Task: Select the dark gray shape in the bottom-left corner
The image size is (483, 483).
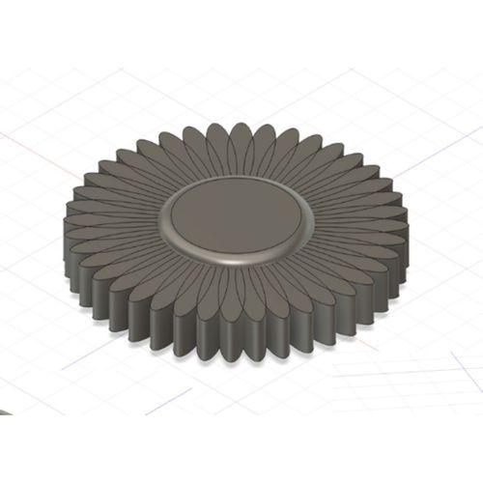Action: click(x=5, y=411)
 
